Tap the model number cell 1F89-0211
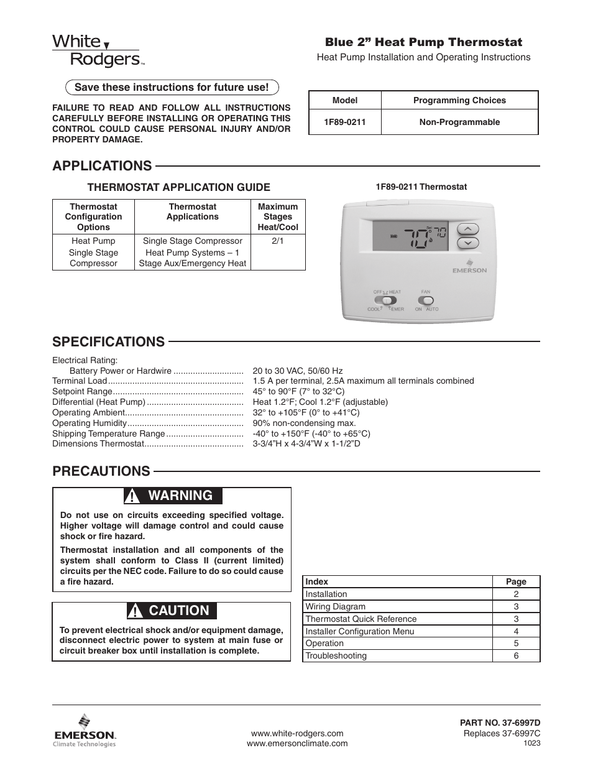point(344,122)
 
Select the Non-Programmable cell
point(459,122)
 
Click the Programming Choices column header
point(459,100)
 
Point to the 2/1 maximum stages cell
point(277,241)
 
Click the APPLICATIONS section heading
point(102,165)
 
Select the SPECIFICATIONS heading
point(108,341)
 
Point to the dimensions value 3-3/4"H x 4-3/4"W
point(306,443)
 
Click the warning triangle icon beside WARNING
point(132,496)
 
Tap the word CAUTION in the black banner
point(179,611)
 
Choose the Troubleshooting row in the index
point(336,655)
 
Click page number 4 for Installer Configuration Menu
point(515,631)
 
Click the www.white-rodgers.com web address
point(296,733)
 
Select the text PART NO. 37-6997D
point(500,723)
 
